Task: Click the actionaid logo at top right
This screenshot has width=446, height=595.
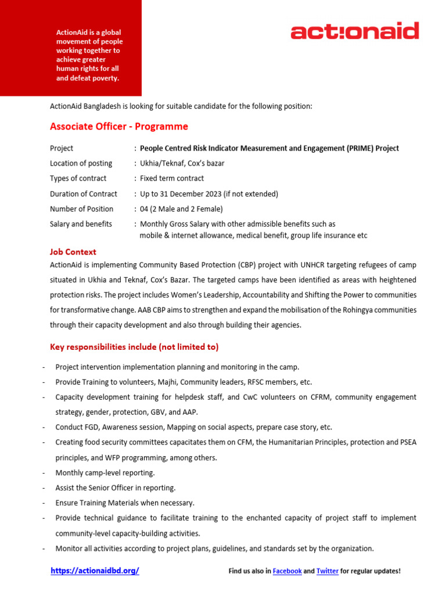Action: (354, 31)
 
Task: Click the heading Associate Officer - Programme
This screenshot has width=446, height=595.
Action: (119, 127)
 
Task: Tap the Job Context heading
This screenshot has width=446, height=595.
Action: (73, 252)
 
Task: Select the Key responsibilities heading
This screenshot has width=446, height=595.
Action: (134, 347)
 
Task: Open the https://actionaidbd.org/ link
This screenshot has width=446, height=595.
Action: (95, 571)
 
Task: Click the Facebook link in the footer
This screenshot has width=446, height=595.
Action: (287, 571)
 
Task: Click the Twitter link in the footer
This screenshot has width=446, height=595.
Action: (328, 571)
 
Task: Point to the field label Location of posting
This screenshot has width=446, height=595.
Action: (81, 163)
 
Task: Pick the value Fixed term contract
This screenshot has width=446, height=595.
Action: (172, 178)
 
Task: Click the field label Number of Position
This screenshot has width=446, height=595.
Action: (82, 209)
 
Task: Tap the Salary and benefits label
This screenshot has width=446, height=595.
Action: (81, 224)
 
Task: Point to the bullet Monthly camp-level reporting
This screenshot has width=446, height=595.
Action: (105, 473)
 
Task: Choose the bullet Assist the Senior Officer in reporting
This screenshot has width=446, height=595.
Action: (116, 488)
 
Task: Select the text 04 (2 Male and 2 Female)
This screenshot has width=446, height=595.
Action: (181, 209)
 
